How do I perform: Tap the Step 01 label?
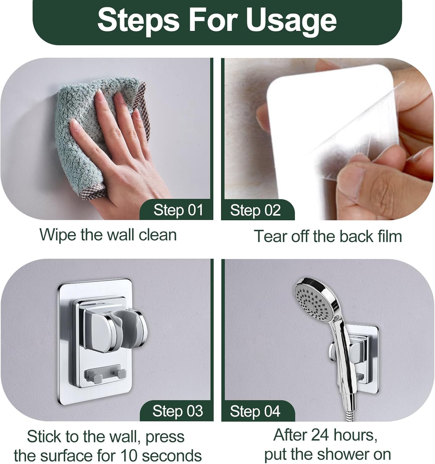(178, 210)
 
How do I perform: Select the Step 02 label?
(255, 210)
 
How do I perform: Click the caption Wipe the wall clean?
(108, 234)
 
